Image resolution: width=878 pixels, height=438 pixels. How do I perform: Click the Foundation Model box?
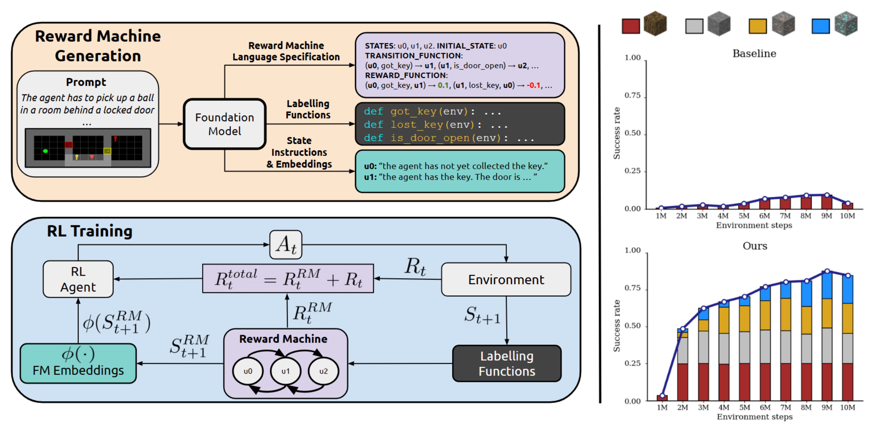coord(225,124)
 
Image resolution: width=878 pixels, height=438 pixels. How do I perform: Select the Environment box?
coord(506,279)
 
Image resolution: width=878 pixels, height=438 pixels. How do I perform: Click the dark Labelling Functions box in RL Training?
coord(507,363)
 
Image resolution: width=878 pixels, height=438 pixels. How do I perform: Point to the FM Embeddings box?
coord(78,363)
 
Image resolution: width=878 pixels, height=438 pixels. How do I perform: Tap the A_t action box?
coord(286,244)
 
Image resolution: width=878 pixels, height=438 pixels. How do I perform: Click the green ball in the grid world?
coord(45,151)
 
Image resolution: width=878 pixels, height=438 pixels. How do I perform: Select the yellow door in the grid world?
coord(107,151)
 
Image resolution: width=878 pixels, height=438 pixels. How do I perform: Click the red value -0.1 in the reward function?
coord(533,85)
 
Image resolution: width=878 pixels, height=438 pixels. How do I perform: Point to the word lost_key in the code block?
coord(417,125)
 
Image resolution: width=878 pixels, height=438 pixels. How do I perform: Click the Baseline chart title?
coord(754,54)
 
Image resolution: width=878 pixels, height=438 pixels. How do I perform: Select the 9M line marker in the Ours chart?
coord(827,271)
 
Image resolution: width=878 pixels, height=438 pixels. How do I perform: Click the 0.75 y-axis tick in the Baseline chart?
coord(633,96)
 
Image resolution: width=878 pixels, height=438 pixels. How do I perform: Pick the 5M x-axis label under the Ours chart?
coord(744,407)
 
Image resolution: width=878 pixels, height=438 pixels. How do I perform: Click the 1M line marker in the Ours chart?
coord(662,396)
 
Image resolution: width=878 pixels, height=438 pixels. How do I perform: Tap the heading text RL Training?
coord(90,231)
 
